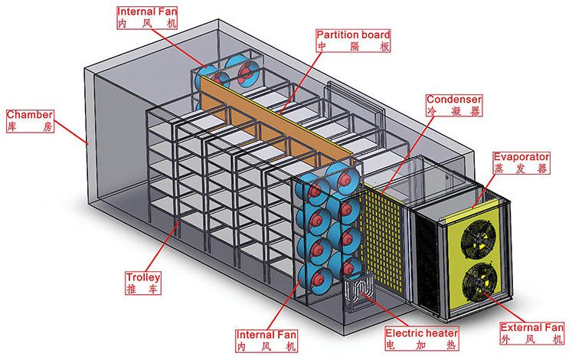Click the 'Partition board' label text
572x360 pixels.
pyautogui.click(x=353, y=34)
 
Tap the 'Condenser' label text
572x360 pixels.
pyautogui.click(x=454, y=100)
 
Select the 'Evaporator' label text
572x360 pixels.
pyautogui.click(x=521, y=156)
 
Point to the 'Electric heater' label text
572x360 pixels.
pyautogui.click(x=422, y=333)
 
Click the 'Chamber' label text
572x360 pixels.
pyautogui.click(x=29, y=114)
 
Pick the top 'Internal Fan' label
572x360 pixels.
pyautogui.click(x=146, y=13)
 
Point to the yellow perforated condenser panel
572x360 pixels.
pyautogui.click(x=387, y=230)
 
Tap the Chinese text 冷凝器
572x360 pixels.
pyautogui.click(x=454, y=112)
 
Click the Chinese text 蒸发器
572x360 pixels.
pyautogui.click(x=521, y=169)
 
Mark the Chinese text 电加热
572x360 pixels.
pyautogui.click(x=422, y=345)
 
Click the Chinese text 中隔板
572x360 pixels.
pyautogui.click(x=353, y=47)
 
